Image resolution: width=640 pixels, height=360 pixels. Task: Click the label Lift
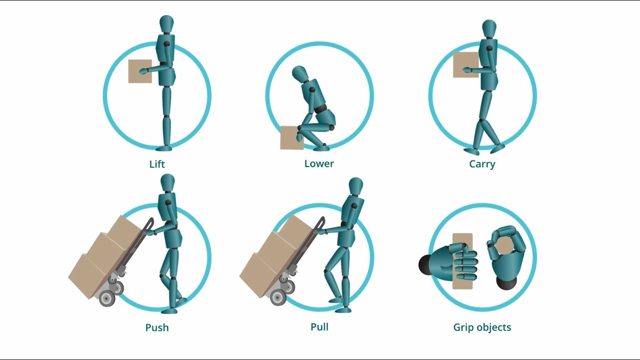[157, 164]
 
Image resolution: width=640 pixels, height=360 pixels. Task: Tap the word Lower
[319, 163]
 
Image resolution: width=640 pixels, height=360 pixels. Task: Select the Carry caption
[482, 164]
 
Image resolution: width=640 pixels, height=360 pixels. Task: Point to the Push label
[157, 328]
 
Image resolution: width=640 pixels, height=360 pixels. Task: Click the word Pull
[319, 327]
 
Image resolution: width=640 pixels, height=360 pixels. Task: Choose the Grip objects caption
[482, 327]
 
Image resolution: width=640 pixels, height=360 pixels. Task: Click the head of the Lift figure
[166, 24]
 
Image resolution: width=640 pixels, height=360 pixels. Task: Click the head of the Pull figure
[355, 186]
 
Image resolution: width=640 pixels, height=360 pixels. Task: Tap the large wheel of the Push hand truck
[107, 298]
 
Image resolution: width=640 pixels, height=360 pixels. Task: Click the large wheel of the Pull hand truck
[278, 297]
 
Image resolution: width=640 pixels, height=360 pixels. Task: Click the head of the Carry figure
[489, 28]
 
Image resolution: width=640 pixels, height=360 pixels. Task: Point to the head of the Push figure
[167, 182]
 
